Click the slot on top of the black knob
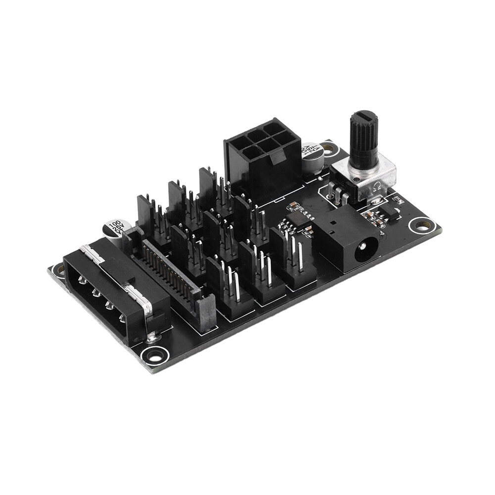364,117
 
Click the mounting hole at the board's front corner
155,354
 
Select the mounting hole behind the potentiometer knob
328,147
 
